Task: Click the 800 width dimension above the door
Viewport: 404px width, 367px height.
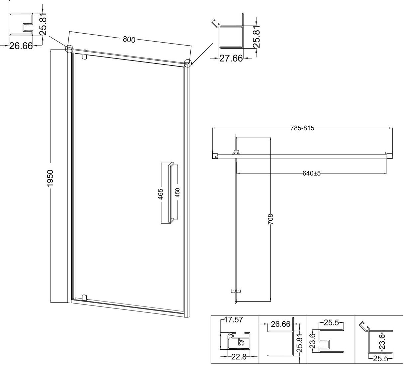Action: click(x=129, y=40)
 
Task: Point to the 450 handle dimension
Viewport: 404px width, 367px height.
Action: click(x=178, y=192)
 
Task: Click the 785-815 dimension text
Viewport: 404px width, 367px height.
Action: click(x=302, y=128)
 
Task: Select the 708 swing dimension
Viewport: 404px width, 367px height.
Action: click(x=271, y=219)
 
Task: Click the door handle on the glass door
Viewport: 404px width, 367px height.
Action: click(x=172, y=193)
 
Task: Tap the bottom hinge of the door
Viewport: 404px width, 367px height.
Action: click(x=84, y=297)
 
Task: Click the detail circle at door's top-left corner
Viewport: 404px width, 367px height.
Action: click(x=69, y=49)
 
